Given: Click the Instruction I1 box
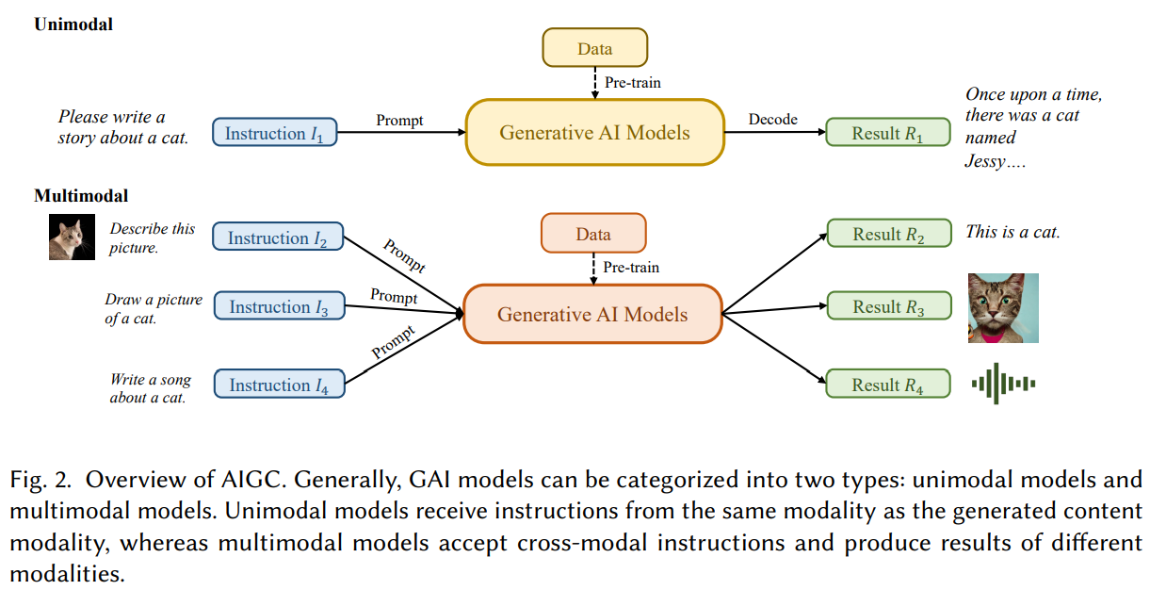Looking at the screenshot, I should (x=274, y=134).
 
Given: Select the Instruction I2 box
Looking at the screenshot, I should (x=278, y=238).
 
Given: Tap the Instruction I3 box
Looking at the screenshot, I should (x=278, y=307).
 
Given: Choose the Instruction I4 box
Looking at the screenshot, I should (x=278, y=385).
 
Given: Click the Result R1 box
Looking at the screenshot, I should (x=887, y=134).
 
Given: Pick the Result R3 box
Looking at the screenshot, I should (x=888, y=307).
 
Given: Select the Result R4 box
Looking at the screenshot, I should (x=888, y=385).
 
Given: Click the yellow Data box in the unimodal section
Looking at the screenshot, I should (x=594, y=49).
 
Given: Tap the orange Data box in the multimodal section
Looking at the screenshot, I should (x=593, y=235).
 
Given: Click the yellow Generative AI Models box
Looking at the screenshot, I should (x=594, y=133).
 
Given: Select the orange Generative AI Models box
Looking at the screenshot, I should (x=592, y=315).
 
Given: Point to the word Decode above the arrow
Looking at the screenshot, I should (x=772, y=120).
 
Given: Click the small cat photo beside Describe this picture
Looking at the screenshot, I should (x=73, y=237).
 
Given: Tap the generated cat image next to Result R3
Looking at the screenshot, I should (x=1003, y=308).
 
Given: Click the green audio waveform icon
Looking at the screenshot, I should (x=1004, y=384).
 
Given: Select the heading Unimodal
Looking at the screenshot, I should (x=73, y=25).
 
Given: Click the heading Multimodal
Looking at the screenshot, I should (x=81, y=196).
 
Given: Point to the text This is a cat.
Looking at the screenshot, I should (x=1012, y=232).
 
